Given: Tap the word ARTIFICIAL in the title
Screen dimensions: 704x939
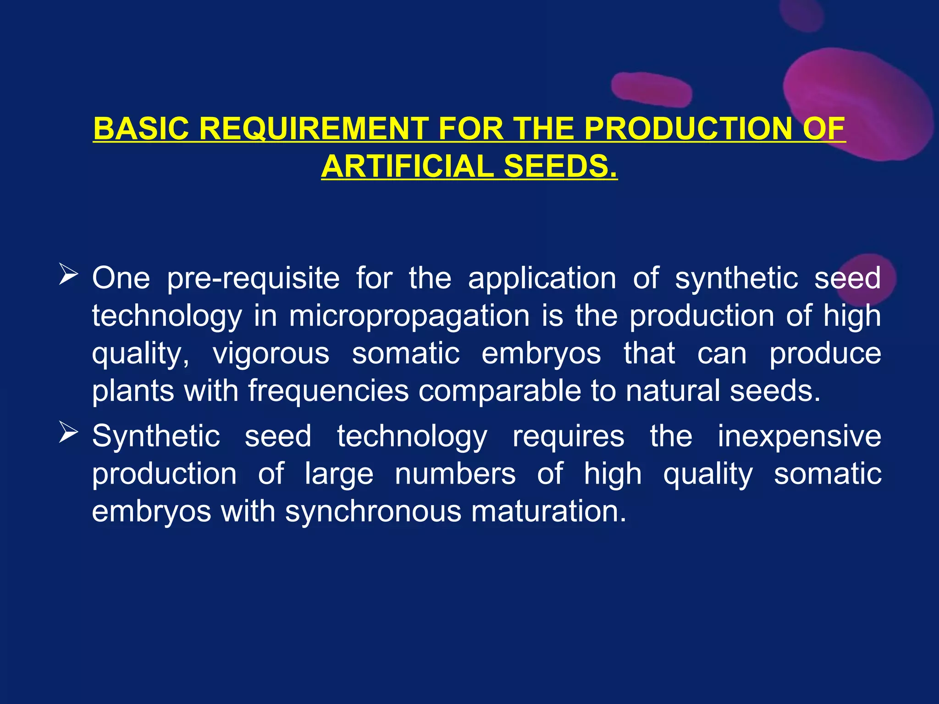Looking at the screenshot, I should [407, 166].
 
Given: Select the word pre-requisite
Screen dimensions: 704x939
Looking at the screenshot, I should [253, 279].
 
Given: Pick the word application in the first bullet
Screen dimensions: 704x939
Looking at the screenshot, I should [542, 279].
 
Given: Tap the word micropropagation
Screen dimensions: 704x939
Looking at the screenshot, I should [409, 317].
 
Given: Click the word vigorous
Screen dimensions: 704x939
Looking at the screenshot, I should [271, 354].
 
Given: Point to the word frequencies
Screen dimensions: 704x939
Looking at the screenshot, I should [328, 391].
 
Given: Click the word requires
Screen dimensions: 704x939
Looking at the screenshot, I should [568, 436].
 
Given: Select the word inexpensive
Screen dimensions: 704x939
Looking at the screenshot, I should [799, 436].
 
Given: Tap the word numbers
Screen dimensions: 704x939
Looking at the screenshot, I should [455, 474].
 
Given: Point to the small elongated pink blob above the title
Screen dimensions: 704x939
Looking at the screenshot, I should [652, 88].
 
